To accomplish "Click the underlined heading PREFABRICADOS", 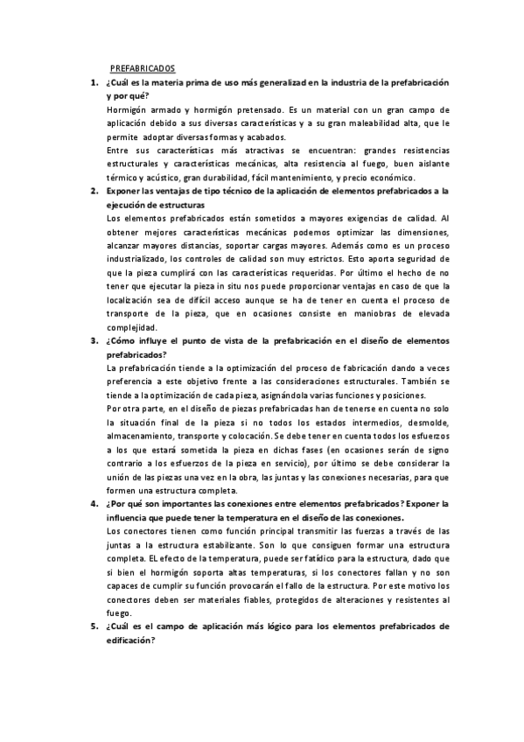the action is click(x=143, y=68).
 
